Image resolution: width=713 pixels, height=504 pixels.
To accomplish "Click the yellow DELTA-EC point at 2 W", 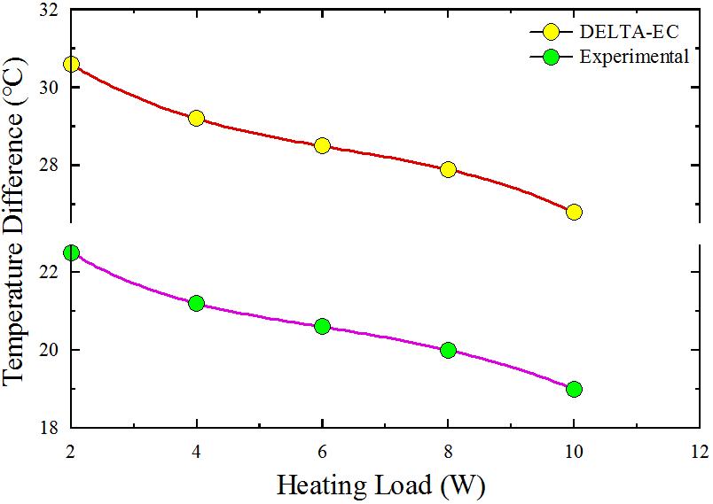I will (71, 64).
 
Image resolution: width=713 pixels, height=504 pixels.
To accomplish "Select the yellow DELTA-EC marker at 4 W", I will (196, 118).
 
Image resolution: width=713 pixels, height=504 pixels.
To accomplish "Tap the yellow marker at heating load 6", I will (322, 145).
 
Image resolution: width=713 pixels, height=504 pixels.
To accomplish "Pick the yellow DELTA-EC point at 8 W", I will (448, 169).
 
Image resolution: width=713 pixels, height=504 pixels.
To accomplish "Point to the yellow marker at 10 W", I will (574, 212).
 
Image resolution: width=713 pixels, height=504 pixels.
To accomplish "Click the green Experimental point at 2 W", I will (71, 252).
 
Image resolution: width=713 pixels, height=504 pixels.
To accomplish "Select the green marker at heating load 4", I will (196, 303).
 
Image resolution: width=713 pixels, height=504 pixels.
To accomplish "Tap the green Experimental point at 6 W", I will (322, 326).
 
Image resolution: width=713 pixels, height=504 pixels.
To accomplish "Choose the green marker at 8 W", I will (448, 350).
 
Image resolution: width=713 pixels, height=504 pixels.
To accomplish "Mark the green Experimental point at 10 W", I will (574, 389).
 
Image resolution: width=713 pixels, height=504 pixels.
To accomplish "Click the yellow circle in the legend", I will (551, 33).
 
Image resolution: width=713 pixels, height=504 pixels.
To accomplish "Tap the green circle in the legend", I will (551, 58).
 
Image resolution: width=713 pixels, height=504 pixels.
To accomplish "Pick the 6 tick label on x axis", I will (322, 451).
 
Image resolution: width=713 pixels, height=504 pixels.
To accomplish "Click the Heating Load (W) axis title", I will (381, 485).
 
